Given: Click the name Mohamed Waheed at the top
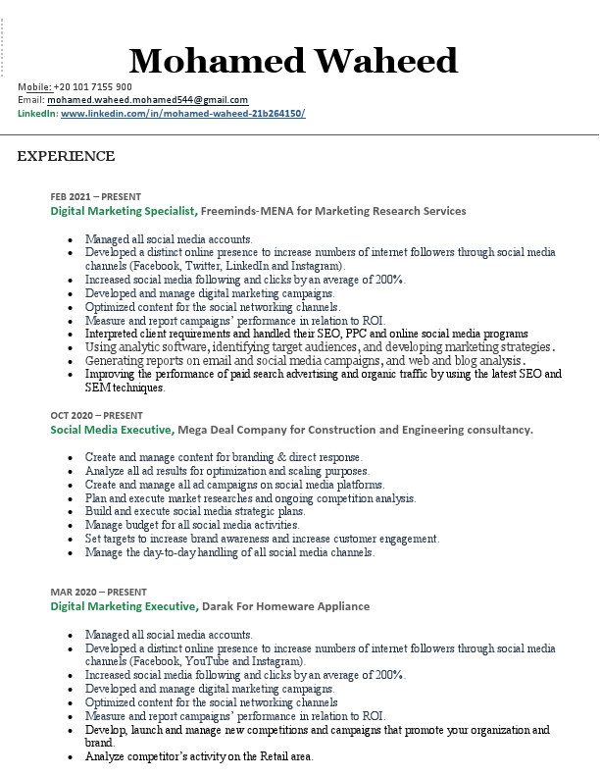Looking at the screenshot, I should click(x=293, y=61).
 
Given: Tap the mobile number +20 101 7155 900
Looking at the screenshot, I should click(x=92, y=87).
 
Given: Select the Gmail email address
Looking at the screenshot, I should click(x=147, y=100).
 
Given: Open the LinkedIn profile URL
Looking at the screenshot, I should click(x=182, y=114).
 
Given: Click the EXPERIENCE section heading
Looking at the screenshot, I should click(x=66, y=157).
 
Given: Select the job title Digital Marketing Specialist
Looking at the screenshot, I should click(x=124, y=211).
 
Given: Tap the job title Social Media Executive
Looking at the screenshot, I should click(x=112, y=430).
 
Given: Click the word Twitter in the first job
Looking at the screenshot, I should click(x=203, y=266).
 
